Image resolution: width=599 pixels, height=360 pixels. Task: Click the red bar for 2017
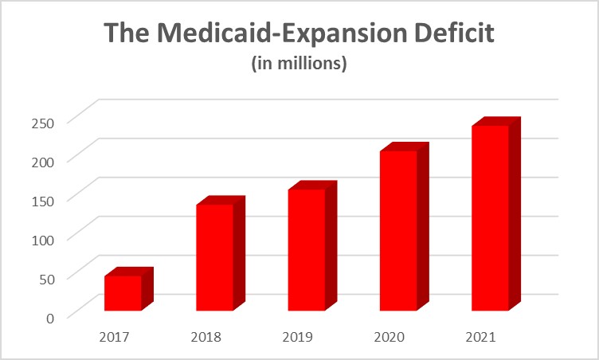coord(123,292)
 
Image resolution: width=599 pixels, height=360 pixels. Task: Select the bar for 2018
coord(214,256)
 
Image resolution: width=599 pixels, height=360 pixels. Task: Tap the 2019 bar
coord(306,248)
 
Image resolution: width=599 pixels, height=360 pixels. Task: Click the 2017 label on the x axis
coord(115,336)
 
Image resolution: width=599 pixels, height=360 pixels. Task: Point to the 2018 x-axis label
coord(206,336)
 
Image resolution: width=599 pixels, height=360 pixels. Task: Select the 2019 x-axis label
coord(298,336)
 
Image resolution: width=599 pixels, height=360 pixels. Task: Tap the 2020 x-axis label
coord(390,336)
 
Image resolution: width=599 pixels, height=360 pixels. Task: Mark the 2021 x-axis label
coord(481,336)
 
